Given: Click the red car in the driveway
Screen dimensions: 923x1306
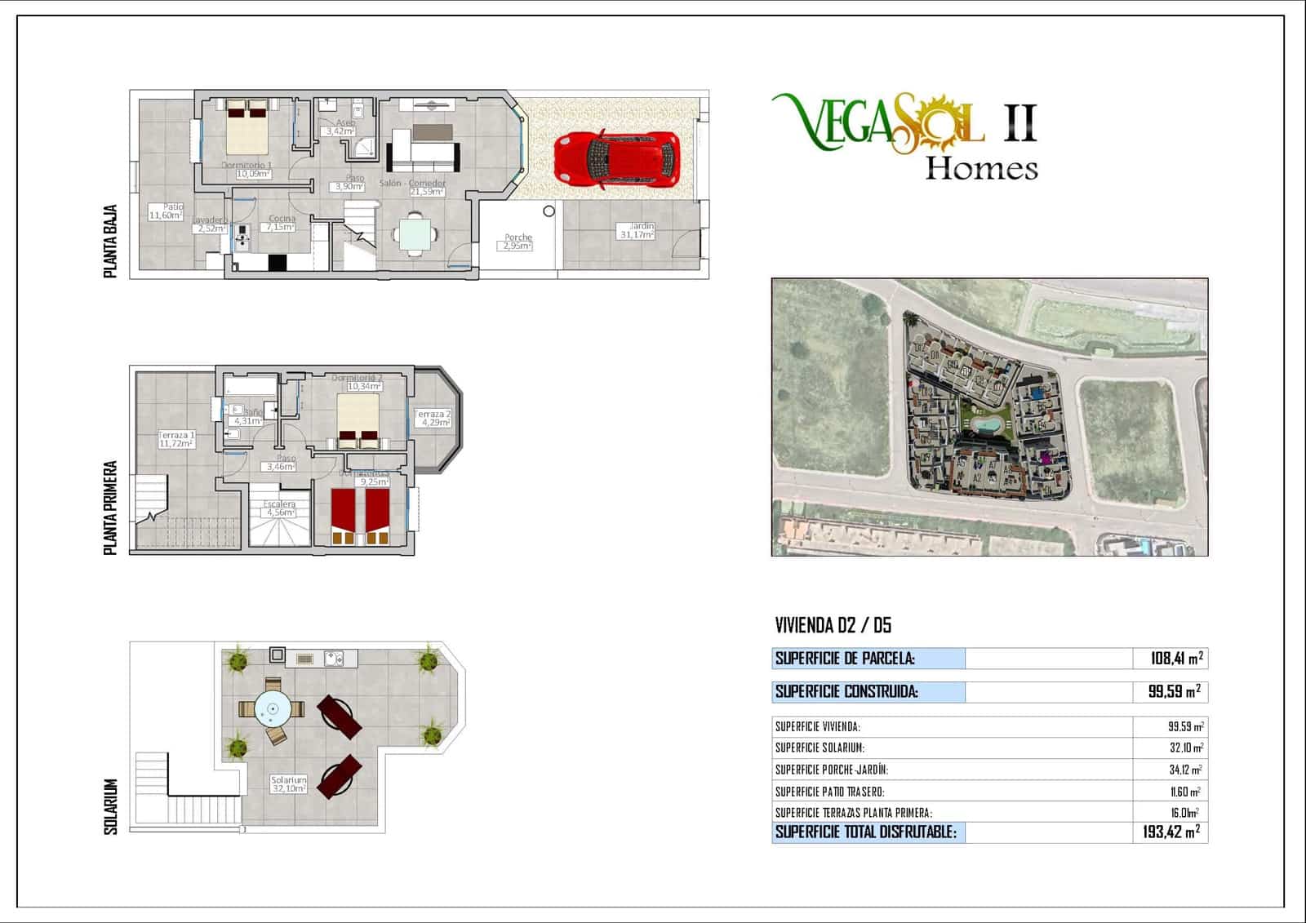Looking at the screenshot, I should point(617,158).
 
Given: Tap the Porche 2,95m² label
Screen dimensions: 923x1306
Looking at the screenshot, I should point(518,242).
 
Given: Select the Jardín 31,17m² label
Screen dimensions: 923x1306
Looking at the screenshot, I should point(637,230).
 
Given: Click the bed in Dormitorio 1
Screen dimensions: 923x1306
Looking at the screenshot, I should point(247,126).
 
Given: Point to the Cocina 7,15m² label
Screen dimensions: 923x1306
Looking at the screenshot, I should point(282,223).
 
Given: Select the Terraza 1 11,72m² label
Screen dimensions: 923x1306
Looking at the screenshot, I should point(176,440).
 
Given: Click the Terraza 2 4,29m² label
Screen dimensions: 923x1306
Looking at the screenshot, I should point(433,419).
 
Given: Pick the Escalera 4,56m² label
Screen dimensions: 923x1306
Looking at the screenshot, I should point(279,508).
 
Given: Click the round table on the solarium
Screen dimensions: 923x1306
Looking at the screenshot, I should point(273,709).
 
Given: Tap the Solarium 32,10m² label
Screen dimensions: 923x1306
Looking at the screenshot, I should point(289,784).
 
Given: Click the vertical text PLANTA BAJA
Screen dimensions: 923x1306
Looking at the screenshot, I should point(111,241).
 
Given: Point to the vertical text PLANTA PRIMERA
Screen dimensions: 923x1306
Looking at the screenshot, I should point(111,508).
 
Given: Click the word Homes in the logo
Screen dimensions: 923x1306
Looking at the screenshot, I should point(981,169).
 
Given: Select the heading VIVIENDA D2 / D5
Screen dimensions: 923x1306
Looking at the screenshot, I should point(833,626).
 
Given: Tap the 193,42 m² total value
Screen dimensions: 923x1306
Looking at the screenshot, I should point(1171,832).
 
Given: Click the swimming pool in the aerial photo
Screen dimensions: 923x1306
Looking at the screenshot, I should point(988,425).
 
